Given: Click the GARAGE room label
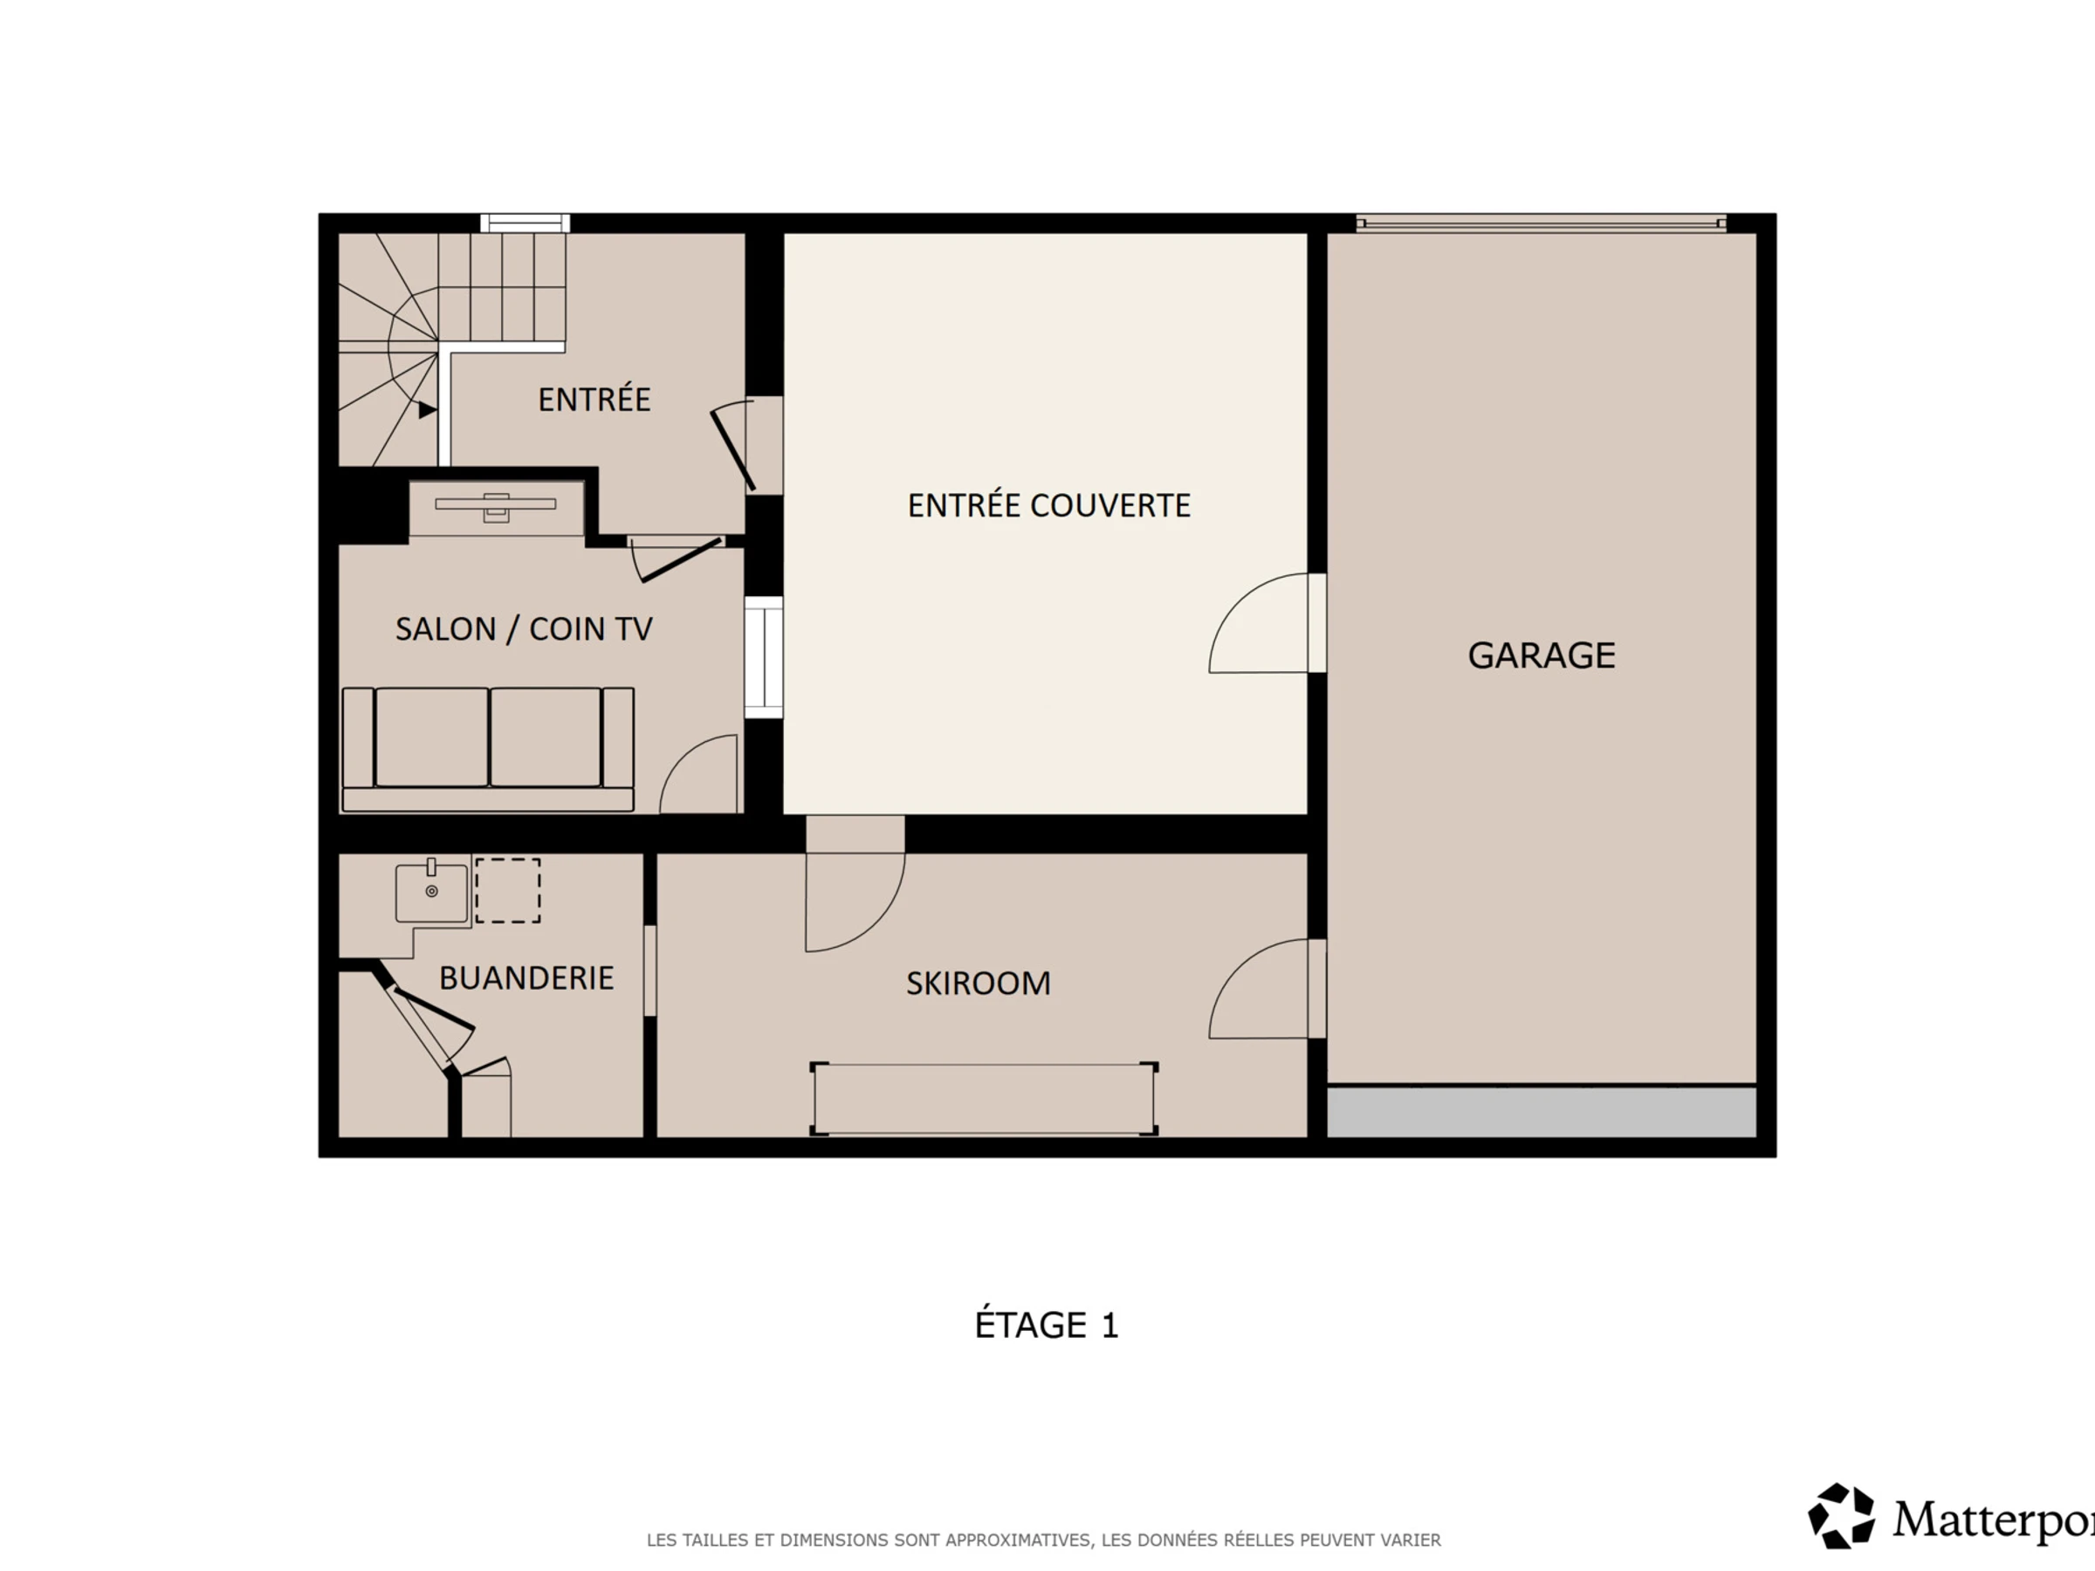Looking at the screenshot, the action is (1541, 655).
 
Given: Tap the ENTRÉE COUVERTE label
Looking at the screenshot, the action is (1048, 505).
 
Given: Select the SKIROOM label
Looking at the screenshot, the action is (979, 984).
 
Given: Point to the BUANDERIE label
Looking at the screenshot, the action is (526, 978).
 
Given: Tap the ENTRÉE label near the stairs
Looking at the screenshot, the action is (594, 399).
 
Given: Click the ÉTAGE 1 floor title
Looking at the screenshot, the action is (1047, 1325).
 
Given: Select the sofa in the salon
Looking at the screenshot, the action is (488, 749).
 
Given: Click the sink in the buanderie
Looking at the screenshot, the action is (432, 892).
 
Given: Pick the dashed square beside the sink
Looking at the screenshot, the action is (508, 890).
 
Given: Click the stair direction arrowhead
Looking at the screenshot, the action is (427, 410).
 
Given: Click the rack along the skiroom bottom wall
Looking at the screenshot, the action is (984, 1099).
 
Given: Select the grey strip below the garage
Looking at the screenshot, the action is (1541, 1112).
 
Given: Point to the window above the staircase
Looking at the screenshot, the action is (525, 223).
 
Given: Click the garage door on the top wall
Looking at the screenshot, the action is (1541, 223).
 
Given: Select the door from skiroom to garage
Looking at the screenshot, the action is (1267, 989).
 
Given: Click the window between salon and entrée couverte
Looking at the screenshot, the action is (764, 657).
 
